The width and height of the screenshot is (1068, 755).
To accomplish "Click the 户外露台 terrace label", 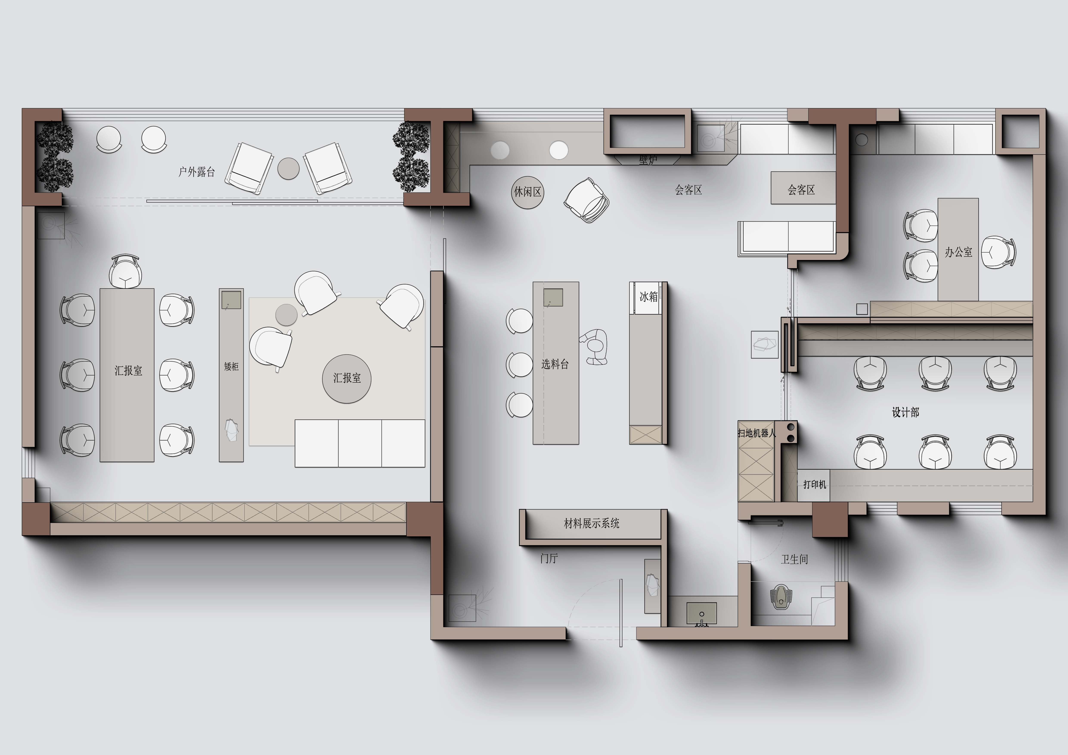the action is click(x=197, y=172).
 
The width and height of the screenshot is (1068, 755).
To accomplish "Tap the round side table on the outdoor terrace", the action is click(x=288, y=168).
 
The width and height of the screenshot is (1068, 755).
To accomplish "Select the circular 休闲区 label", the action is click(x=527, y=192).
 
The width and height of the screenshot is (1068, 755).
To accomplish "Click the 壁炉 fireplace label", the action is click(x=648, y=160).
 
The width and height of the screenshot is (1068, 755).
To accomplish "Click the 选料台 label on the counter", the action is click(x=555, y=364).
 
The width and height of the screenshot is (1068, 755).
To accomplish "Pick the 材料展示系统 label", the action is click(x=592, y=523).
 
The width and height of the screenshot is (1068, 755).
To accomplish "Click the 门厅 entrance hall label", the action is click(x=549, y=558).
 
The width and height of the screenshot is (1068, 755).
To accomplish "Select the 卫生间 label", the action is click(x=794, y=559).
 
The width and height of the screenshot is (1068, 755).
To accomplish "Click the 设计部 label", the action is click(x=905, y=412).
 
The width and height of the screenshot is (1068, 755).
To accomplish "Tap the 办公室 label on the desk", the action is click(x=958, y=252).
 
